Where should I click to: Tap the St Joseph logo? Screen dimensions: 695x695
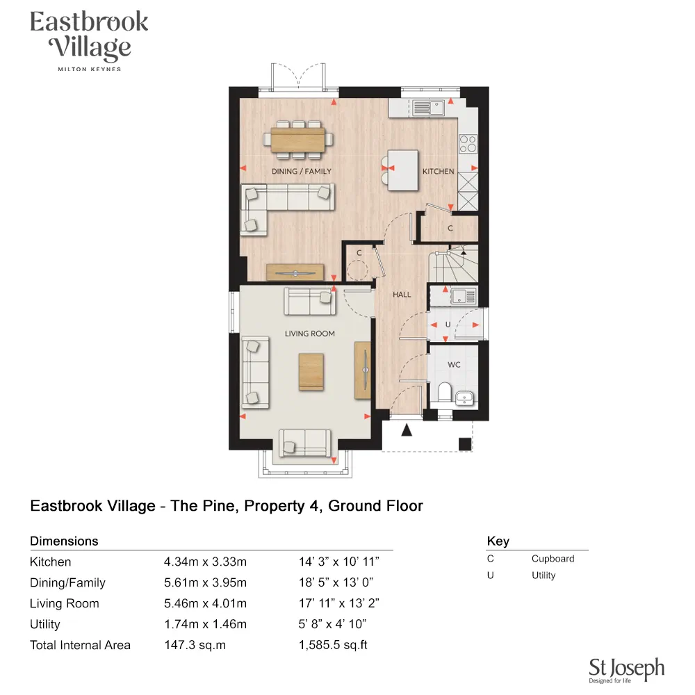(x=626, y=670)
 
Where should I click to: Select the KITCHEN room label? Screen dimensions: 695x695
(x=439, y=171)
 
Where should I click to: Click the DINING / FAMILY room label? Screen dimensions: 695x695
(x=302, y=171)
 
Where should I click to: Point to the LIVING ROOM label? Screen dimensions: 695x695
(x=310, y=334)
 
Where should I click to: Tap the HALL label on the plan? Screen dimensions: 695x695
(x=402, y=295)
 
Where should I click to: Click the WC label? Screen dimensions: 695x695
(x=454, y=365)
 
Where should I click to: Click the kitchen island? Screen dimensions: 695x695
(x=403, y=171)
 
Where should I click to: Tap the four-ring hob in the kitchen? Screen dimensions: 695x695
(x=468, y=143)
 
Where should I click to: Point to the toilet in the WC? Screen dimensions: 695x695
(x=444, y=393)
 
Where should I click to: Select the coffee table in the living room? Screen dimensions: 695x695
(x=311, y=372)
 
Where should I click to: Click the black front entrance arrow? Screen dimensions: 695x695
(x=407, y=431)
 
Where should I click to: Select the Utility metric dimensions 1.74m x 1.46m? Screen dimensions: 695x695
(x=205, y=624)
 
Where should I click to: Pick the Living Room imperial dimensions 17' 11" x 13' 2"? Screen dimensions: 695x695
(x=339, y=603)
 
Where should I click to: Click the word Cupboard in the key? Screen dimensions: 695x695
(x=553, y=559)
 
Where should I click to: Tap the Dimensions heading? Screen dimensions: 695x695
(x=64, y=541)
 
